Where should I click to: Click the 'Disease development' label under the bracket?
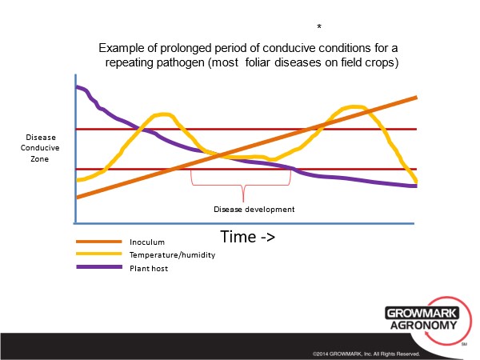[x=254, y=210]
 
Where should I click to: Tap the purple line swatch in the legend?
[x=96, y=269]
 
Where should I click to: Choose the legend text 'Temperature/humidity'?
[x=172, y=255]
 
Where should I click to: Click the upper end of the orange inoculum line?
[x=415, y=98]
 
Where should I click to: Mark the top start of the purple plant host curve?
[x=77, y=87]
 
